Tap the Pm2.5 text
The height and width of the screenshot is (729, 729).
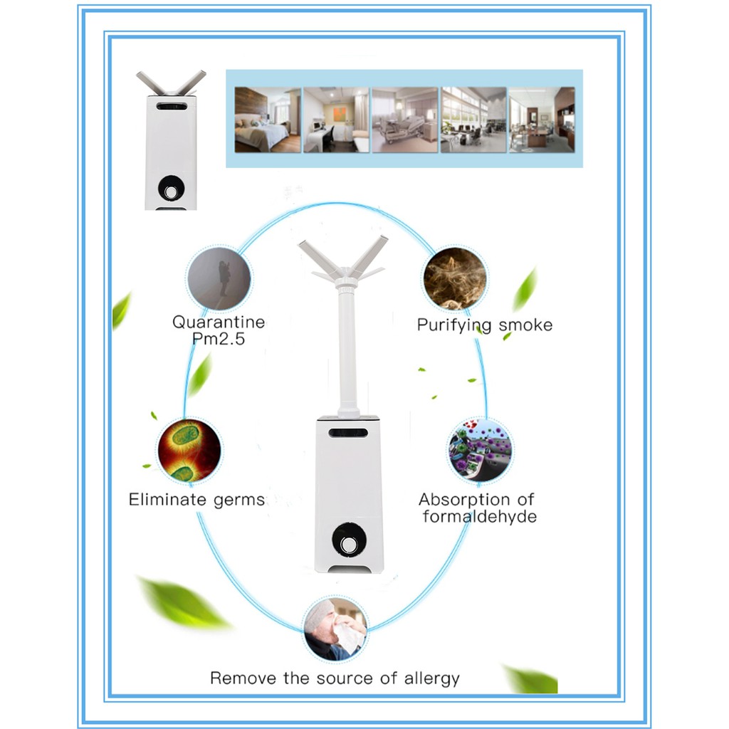click(x=219, y=339)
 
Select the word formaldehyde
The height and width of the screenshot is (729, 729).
click(x=479, y=516)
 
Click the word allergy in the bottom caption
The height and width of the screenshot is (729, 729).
click(x=430, y=678)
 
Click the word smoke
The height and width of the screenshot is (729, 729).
click(x=525, y=325)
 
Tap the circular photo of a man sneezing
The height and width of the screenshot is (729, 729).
click(x=335, y=629)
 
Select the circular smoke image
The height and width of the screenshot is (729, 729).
click(x=455, y=278)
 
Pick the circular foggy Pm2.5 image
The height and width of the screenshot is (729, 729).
click(x=219, y=277)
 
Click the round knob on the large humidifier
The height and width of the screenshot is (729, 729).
click(x=348, y=543)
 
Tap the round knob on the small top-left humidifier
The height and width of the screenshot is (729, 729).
click(x=171, y=189)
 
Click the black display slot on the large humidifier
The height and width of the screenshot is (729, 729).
click(x=348, y=432)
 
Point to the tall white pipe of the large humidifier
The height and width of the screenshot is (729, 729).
click(x=347, y=349)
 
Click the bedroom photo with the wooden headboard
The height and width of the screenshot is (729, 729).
click(x=268, y=120)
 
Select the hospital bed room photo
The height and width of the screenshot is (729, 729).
click(x=404, y=120)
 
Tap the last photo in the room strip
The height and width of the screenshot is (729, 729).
click(x=541, y=120)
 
